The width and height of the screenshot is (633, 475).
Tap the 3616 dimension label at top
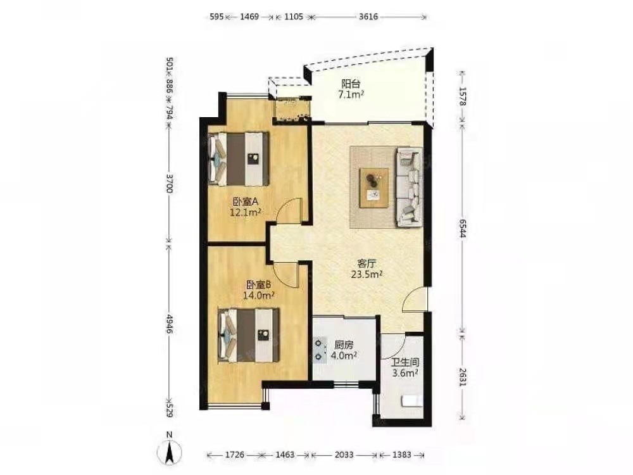pos(368,16)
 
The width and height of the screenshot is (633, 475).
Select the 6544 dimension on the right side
pos(463,228)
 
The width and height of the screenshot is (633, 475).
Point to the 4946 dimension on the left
pos(169,323)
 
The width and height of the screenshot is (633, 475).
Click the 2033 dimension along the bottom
pos(344,455)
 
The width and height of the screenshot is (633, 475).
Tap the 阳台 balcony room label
pos(351,84)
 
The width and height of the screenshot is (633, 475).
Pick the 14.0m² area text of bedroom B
pos(259,295)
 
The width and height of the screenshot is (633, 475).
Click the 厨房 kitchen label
pos(344,345)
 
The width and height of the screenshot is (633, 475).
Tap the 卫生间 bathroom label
pos(405,362)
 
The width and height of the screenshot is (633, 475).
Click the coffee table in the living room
pos(374,188)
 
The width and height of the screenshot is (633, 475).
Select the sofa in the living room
pos(410,187)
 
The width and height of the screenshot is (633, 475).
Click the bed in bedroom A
pos(238,158)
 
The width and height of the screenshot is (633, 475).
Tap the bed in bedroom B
pos(248,335)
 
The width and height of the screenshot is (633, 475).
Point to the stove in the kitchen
pos(320,350)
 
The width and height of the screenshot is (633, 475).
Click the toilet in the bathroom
pos(412,401)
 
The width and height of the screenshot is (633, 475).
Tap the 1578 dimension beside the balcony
pos(463,97)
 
